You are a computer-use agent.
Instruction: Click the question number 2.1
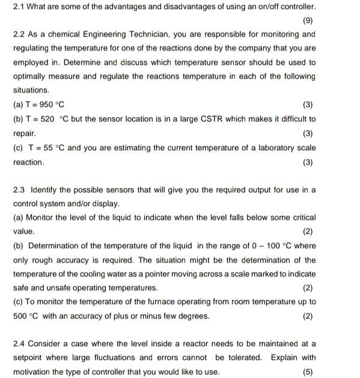click(19, 7)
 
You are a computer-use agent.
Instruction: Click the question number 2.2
click(19, 34)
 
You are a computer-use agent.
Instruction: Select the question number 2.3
click(19, 190)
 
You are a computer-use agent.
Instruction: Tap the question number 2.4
click(19, 344)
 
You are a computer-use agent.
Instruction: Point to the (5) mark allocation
click(308, 372)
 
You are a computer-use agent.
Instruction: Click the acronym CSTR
click(209, 119)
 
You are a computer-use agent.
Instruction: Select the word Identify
click(44, 190)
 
